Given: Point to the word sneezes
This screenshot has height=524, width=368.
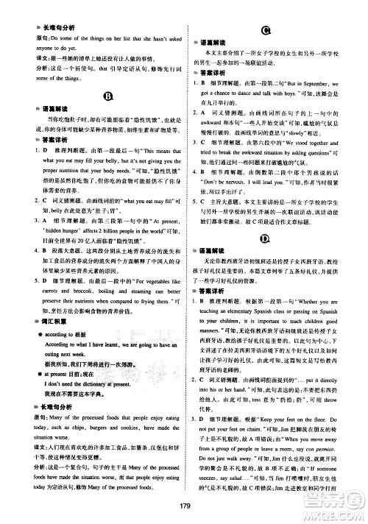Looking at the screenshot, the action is pos(214,477).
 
